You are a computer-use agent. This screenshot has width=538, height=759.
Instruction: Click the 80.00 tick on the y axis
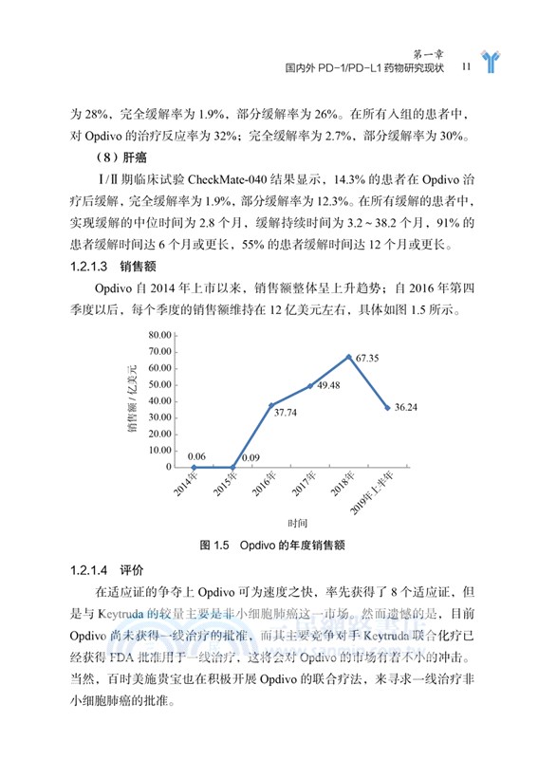pyautogui.click(x=160, y=336)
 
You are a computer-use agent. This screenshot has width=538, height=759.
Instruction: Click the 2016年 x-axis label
pyautogui.click(x=265, y=485)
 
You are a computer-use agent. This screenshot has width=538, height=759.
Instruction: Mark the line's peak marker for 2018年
pyautogui.click(x=348, y=357)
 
